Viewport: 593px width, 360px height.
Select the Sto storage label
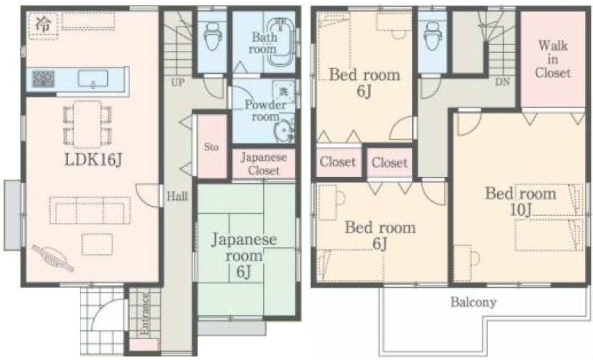click(212, 148)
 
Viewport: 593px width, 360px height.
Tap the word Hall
click(177, 197)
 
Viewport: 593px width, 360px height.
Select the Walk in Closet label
click(553, 59)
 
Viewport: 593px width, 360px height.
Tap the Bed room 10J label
click(521, 201)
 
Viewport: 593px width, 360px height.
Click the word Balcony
click(473, 302)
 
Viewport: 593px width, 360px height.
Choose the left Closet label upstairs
click(338, 162)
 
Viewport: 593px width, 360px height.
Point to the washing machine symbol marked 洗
click(284, 92)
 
